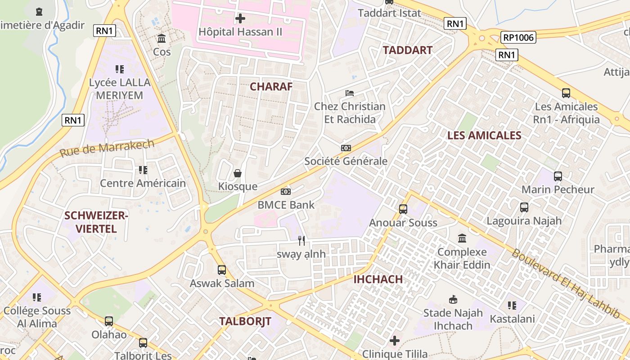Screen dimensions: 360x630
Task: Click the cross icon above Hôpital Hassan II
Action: (x=241, y=18)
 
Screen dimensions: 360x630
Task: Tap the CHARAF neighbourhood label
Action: (x=271, y=86)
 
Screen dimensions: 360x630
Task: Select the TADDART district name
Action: (x=407, y=50)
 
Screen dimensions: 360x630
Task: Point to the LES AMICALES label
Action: (x=484, y=135)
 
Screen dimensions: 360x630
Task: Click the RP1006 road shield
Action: (x=519, y=37)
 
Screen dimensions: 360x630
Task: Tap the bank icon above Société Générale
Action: (x=346, y=148)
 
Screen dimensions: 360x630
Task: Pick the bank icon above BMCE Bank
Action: (x=286, y=192)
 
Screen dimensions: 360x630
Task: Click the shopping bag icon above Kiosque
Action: (x=238, y=173)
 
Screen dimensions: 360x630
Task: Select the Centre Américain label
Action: (x=143, y=183)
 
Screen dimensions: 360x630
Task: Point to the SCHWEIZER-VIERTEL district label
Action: (x=96, y=222)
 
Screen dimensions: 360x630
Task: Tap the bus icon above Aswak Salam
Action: (x=222, y=270)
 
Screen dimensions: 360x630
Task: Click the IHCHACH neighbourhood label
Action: (x=378, y=279)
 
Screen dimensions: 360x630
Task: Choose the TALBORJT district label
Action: (x=245, y=321)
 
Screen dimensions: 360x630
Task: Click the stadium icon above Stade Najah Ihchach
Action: (x=453, y=300)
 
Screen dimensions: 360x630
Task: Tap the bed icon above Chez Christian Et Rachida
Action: (x=350, y=93)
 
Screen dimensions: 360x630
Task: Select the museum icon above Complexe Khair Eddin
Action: (x=462, y=238)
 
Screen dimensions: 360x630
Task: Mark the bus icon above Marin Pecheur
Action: (x=558, y=176)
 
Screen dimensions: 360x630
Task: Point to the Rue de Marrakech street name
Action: (x=107, y=148)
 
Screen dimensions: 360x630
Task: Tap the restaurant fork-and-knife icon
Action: (x=301, y=241)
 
